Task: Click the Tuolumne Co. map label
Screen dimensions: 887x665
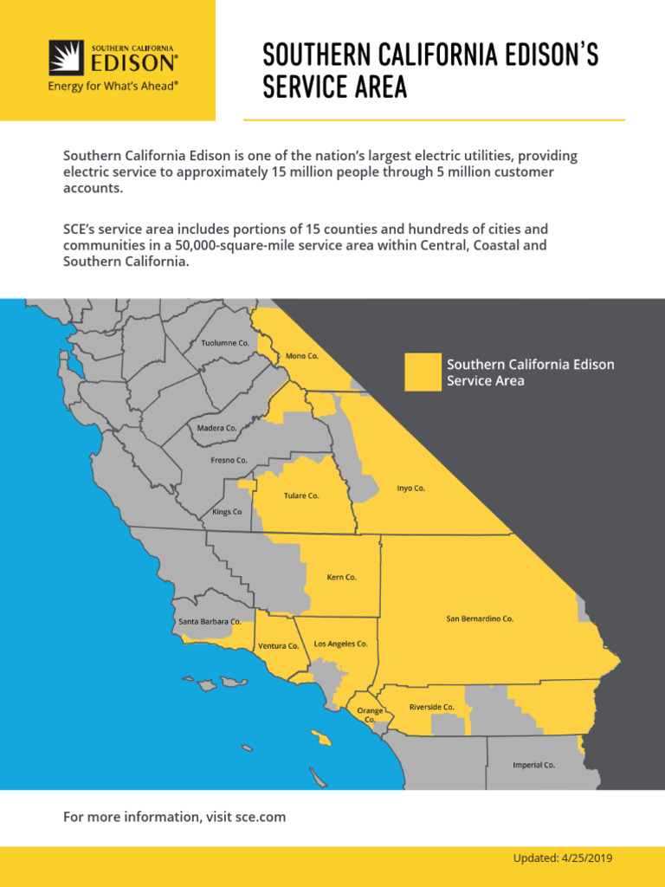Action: click(225, 343)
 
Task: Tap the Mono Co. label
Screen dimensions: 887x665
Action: click(302, 356)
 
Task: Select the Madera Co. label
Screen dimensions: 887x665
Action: click(216, 428)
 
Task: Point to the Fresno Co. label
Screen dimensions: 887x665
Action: click(229, 460)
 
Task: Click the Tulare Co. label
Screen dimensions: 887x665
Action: click(301, 495)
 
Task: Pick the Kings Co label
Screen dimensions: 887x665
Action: click(227, 512)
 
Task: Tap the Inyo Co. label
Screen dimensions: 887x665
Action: click(411, 488)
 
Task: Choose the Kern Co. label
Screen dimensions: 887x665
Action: click(341, 577)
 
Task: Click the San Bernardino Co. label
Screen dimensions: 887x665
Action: click(480, 618)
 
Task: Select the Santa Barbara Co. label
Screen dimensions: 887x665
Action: click(210, 622)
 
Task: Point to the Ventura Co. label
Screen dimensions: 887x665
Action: click(278, 646)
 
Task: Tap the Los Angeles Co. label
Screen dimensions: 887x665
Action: click(340, 644)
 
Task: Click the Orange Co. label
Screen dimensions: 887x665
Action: click(371, 715)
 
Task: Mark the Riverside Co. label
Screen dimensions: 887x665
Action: click(431, 707)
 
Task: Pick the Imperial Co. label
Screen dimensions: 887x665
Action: click(533, 765)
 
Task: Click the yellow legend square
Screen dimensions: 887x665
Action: click(423, 372)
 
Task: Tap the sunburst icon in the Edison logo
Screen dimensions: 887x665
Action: click(66, 58)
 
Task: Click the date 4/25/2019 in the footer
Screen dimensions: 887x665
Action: click(588, 858)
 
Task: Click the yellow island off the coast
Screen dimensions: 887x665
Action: click(322, 740)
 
